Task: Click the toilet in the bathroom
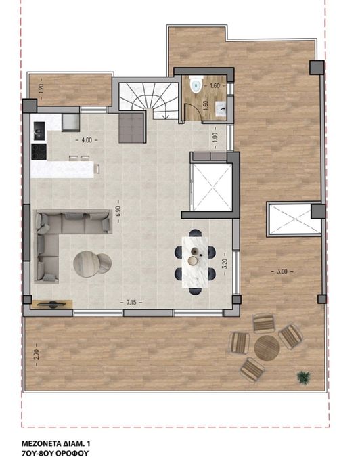pos(195,84)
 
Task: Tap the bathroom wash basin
pos(221,109)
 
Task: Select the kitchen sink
pos(40,131)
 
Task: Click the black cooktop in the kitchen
pos(39,152)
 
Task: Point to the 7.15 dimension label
pos(131,302)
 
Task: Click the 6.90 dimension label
pos(118,211)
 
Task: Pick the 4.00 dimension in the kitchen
pos(87,140)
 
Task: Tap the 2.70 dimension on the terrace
pos(36,354)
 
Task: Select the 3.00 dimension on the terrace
pos(282,271)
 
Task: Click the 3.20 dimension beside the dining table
pos(224,264)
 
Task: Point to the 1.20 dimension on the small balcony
pos(41,88)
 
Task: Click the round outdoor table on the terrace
pos(267,348)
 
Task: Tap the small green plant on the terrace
pos(304,377)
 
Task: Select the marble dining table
pos(195,262)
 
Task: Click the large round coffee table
pos(87,264)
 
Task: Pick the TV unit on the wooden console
pos(52,304)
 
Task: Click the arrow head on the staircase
pos(166,117)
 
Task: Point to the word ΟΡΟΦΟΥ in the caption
pos(73,453)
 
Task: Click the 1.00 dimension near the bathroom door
pos(215,136)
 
